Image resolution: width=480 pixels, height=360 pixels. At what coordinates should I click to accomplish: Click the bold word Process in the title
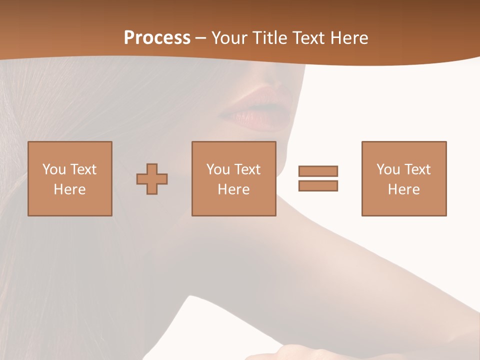pos(157,38)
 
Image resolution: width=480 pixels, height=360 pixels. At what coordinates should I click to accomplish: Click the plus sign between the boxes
pos(152,179)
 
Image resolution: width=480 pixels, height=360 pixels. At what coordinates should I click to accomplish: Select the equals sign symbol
pos(318,178)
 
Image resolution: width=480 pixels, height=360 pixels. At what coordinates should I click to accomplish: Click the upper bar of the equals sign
pos(318,171)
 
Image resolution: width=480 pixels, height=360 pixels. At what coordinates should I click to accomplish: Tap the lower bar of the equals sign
pos(318,186)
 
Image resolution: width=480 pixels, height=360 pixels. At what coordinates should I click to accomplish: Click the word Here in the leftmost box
pos(70,189)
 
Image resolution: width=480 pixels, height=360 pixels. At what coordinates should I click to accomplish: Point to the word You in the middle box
pos(218,169)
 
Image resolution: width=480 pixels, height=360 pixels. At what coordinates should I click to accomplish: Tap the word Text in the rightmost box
pos(418,169)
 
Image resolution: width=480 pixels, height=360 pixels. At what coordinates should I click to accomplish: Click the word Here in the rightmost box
pos(404,189)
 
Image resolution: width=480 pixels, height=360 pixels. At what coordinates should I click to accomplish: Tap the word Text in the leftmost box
pos(83,169)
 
